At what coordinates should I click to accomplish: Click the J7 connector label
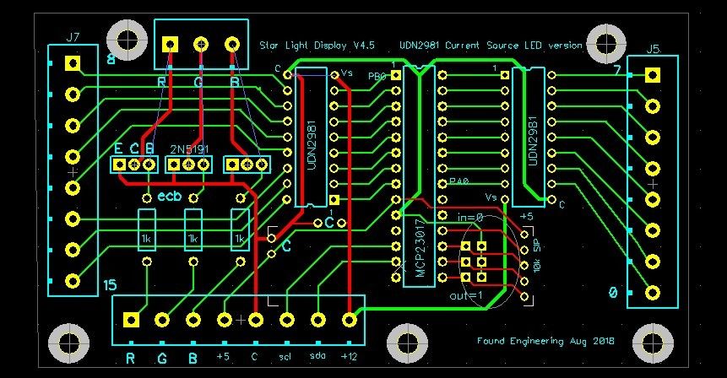[73, 37]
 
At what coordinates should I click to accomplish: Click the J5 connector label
[653, 49]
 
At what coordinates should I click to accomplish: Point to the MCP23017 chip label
[420, 250]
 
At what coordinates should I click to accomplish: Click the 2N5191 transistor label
[190, 148]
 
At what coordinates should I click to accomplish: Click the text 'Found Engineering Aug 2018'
[545, 341]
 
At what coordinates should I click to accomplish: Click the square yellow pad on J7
[73, 62]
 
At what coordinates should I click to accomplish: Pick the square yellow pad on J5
[652, 74]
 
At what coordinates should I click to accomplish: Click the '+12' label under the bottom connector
[349, 358]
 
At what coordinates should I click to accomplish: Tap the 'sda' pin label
[317, 358]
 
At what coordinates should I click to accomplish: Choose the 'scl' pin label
[285, 358]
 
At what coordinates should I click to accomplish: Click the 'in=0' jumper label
[469, 218]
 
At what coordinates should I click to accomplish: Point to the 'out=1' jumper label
[465, 295]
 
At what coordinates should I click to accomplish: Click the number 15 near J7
[109, 286]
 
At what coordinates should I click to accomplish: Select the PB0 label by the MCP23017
[377, 76]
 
